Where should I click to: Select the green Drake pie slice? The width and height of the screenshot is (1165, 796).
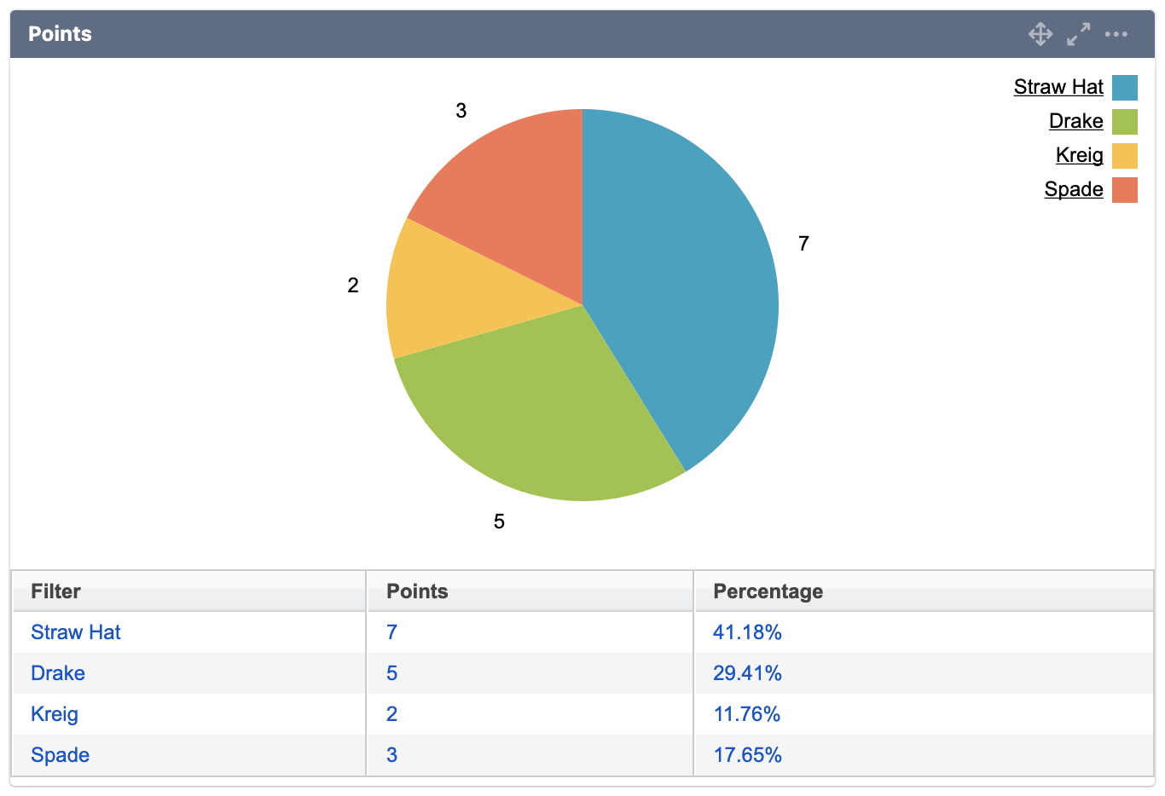pos(537,418)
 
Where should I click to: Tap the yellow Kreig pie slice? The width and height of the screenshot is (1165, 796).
pos(452,294)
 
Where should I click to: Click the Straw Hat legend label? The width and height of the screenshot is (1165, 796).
pos(1058,87)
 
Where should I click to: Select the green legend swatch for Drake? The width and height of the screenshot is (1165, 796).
pos(1124,122)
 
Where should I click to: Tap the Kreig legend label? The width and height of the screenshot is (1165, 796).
pos(1079,155)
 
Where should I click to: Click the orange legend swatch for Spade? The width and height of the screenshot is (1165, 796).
pos(1124,190)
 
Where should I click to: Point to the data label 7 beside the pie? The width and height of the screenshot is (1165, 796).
pos(803,244)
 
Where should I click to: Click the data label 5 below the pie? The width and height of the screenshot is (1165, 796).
pos(499,522)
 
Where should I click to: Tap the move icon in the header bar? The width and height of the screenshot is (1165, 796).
pos(1040,34)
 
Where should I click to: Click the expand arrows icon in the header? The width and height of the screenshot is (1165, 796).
pos(1079,34)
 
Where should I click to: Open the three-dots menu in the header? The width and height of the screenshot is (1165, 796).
pos(1116,34)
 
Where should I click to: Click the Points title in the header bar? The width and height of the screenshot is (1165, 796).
pos(60,34)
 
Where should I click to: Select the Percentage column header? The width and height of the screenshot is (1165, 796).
pos(768,591)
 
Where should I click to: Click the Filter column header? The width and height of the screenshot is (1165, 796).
pos(55,591)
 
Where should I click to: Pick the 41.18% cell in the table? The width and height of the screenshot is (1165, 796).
pos(747,632)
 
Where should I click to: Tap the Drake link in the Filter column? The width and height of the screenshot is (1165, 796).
pos(58,673)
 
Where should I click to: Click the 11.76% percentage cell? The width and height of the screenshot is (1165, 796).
pos(747,714)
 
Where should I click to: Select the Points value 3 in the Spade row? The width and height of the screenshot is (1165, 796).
pos(391,755)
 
